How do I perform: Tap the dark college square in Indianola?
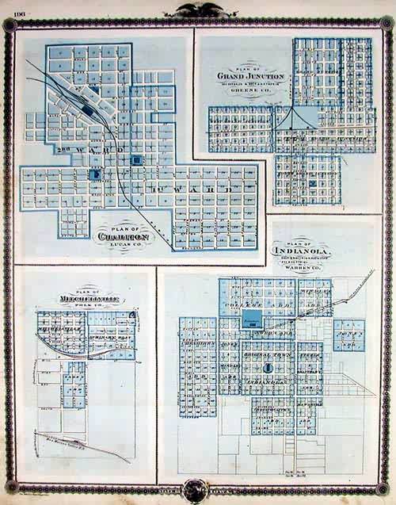coord(252,320)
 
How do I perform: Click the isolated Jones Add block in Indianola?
coord(348,335)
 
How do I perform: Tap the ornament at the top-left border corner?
coord(10,24)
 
